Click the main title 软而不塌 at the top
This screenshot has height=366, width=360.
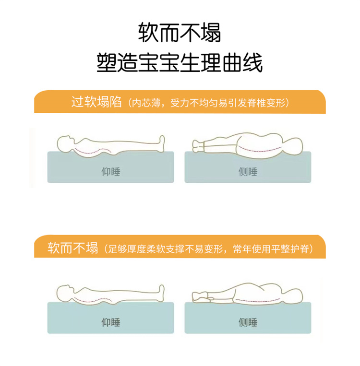pyautogui.click(x=180, y=33)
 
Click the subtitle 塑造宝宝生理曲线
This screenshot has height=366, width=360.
pyautogui.click(x=180, y=62)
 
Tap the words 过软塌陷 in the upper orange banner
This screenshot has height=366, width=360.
pyautogui.click(x=96, y=102)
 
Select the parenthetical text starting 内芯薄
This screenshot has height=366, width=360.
pyautogui.click(x=209, y=103)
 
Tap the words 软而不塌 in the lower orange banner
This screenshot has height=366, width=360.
pyautogui.click(x=72, y=248)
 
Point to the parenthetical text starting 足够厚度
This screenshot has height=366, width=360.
pyautogui.click(x=208, y=249)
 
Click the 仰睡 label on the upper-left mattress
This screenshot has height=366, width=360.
pyautogui.click(x=111, y=172)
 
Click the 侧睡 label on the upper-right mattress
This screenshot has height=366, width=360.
pyautogui.click(x=248, y=172)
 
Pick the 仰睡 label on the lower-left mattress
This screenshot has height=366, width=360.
pyautogui.click(x=111, y=322)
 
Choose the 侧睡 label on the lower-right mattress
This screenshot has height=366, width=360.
pyautogui.click(x=248, y=322)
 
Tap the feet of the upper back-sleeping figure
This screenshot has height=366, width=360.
pyautogui.click(x=162, y=143)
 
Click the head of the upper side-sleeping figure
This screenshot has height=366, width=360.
pyautogui.click(x=294, y=146)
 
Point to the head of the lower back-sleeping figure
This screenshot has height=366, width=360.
pyautogui.click(x=64, y=294)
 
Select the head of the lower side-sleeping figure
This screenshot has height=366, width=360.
pyautogui.click(x=294, y=296)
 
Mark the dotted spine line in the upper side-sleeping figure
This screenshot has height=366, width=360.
pyautogui.click(x=259, y=151)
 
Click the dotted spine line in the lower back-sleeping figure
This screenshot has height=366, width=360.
pyautogui.click(x=92, y=301)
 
